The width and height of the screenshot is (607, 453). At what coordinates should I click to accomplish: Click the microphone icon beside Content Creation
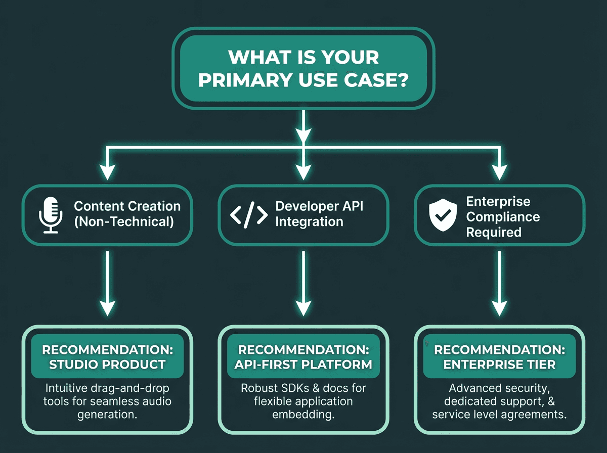tap(51, 215)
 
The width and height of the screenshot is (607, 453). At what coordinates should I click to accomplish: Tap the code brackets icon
tap(248, 215)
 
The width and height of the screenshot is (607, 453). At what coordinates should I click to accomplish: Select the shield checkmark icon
tap(443, 215)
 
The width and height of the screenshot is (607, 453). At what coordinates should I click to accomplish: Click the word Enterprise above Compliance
tap(498, 201)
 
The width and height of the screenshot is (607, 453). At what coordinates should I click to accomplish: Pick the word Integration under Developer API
tap(309, 221)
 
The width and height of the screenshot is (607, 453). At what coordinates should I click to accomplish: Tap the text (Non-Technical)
tap(124, 221)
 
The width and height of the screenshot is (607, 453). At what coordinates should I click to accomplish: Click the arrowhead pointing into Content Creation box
tap(107, 172)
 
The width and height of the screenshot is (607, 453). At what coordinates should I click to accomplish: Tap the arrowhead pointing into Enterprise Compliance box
tap(499, 172)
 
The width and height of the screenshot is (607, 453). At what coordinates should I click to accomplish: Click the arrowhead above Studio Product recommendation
tap(107, 308)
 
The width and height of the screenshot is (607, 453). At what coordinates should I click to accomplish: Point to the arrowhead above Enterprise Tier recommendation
tap(499, 308)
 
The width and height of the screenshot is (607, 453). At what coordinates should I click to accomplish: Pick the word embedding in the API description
tap(303, 415)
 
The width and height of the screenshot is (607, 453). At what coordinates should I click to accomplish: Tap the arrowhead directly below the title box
tap(303, 135)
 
